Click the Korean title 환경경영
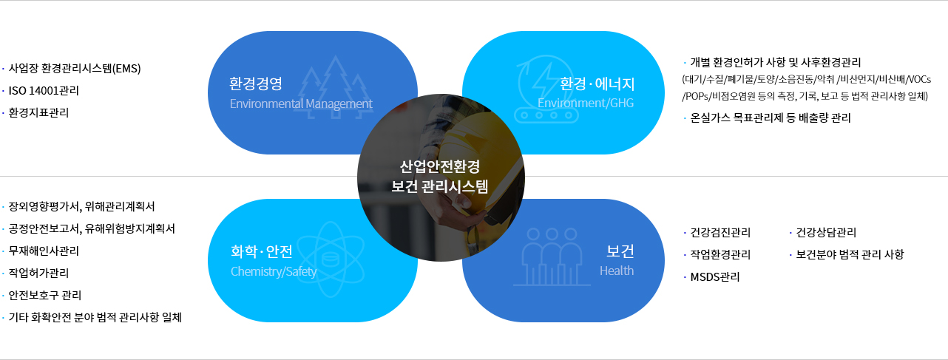[x=256, y=84]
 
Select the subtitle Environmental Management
[x=301, y=103]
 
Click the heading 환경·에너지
[x=597, y=84]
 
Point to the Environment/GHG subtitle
[x=586, y=103]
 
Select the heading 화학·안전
[x=262, y=251]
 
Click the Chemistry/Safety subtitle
[x=274, y=271]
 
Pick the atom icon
[x=331, y=259]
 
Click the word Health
[x=617, y=271]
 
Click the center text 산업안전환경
[x=440, y=166]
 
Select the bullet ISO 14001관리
[x=44, y=90]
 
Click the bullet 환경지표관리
[x=38, y=113]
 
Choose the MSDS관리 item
[x=715, y=277]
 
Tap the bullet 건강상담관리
[x=826, y=232]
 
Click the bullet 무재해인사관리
[x=44, y=251]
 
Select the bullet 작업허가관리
[x=38, y=274]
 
